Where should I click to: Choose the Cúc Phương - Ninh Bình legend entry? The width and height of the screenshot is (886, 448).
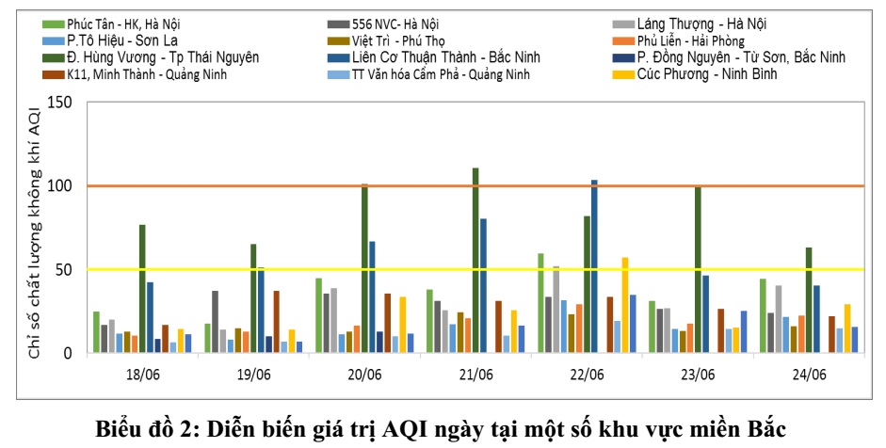706,73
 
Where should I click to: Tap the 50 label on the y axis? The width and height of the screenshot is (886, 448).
62,269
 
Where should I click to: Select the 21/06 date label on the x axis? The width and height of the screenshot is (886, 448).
475,374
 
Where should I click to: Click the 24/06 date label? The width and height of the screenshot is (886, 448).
809,374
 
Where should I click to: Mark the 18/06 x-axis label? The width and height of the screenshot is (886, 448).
142,374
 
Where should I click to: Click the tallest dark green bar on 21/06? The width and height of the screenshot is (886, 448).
475,260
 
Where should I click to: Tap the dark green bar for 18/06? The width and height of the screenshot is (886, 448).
142,289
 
